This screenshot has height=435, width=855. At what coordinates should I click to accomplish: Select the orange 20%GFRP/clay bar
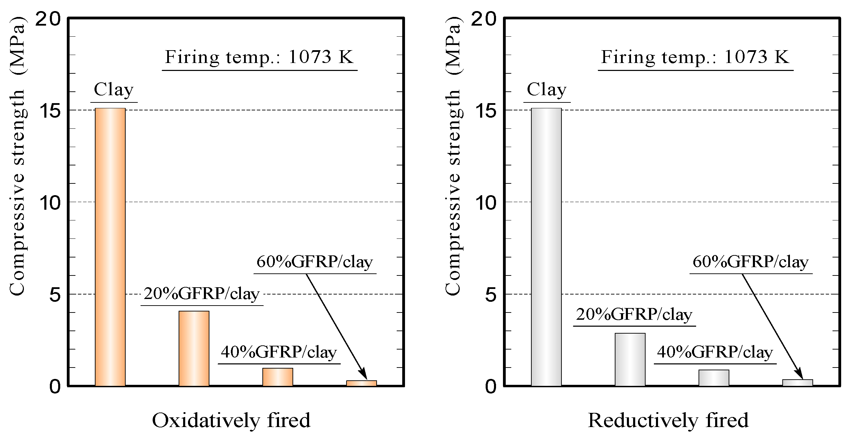click(194, 348)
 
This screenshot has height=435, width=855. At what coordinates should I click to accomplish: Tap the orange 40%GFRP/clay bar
click(278, 377)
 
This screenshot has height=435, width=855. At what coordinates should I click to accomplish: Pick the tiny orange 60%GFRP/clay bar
click(361, 383)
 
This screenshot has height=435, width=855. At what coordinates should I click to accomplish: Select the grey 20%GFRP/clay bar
click(630, 359)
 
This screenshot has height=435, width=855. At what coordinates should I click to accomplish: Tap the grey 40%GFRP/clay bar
click(714, 378)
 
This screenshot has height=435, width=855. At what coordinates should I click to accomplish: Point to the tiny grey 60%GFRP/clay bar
click(798, 383)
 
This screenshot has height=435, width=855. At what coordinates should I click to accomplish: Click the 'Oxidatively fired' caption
click(231, 420)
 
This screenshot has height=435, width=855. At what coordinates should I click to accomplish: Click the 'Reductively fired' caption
click(668, 420)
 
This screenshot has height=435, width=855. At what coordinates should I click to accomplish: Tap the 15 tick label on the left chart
click(51, 111)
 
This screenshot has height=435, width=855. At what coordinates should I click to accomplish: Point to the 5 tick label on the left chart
click(55, 295)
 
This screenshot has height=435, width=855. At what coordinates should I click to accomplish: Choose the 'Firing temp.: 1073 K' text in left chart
click(259, 57)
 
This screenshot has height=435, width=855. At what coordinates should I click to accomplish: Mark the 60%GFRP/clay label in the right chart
click(750, 262)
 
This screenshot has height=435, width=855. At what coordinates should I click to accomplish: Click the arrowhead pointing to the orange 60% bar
click(363, 374)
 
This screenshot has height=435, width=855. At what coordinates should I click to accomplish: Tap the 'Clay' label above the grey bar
click(547, 90)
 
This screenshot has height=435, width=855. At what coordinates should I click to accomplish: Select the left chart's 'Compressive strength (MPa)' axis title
click(17, 156)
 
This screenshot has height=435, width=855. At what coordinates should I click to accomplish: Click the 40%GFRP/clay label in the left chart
click(279, 352)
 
